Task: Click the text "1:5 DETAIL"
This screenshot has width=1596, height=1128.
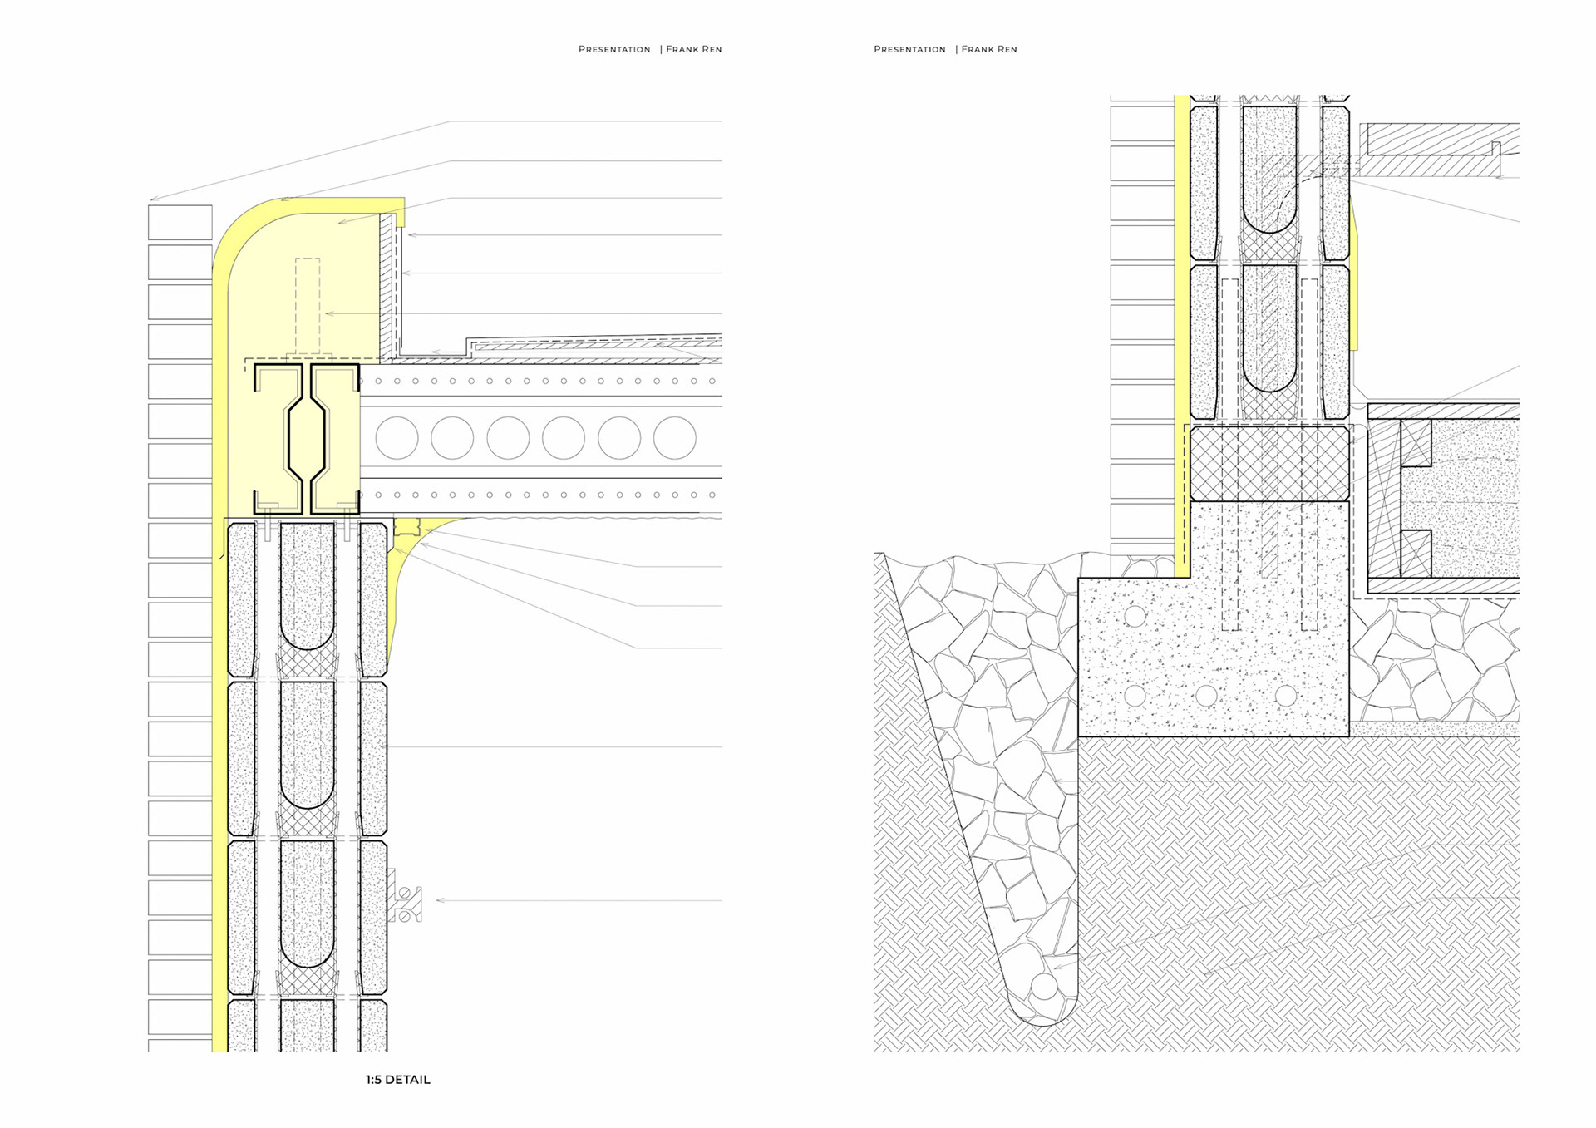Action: pyautogui.click(x=397, y=1080)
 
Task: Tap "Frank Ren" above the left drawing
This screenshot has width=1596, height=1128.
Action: pyautogui.click(x=693, y=49)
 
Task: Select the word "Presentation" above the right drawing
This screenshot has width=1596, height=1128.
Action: pyautogui.click(x=909, y=49)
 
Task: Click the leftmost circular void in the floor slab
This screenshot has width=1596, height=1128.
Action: pyautogui.click(x=397, y=438)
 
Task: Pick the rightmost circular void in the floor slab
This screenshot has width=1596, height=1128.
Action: pyautogui.click(x=674, y=438)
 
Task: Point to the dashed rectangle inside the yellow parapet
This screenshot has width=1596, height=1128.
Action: pyautogui.click(x=308, y=303)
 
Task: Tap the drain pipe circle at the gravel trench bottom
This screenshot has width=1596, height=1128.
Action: pyautogui.click(x=1044, y=988)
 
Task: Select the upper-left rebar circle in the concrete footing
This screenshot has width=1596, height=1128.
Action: pyautogui.click(x=1135, y=616)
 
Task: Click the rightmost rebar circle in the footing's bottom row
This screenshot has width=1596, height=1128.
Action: pyautogui.click(x=1286, y=695)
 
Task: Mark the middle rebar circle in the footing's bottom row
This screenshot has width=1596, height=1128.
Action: pyautogui.click(x=1206, y=695)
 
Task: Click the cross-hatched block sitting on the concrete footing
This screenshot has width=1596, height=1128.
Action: pyautogui.click(x=1269, y=463)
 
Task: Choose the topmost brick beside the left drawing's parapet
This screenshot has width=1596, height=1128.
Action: pyautogui.click(x=180, y=222)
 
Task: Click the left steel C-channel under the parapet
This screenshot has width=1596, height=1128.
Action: pyautogui.click(x=277, y=438)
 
